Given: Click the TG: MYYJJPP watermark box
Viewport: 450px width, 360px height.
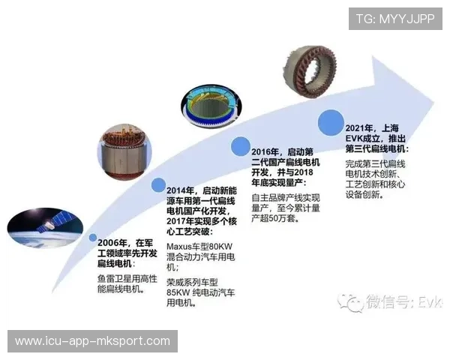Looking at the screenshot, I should tap(394, 18).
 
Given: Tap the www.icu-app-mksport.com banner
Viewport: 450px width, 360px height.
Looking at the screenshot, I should tap(92, 341).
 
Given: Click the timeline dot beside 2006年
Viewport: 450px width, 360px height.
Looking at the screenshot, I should tap(92, 238).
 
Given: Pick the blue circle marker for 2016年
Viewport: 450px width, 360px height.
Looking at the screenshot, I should tap(241, 145).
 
